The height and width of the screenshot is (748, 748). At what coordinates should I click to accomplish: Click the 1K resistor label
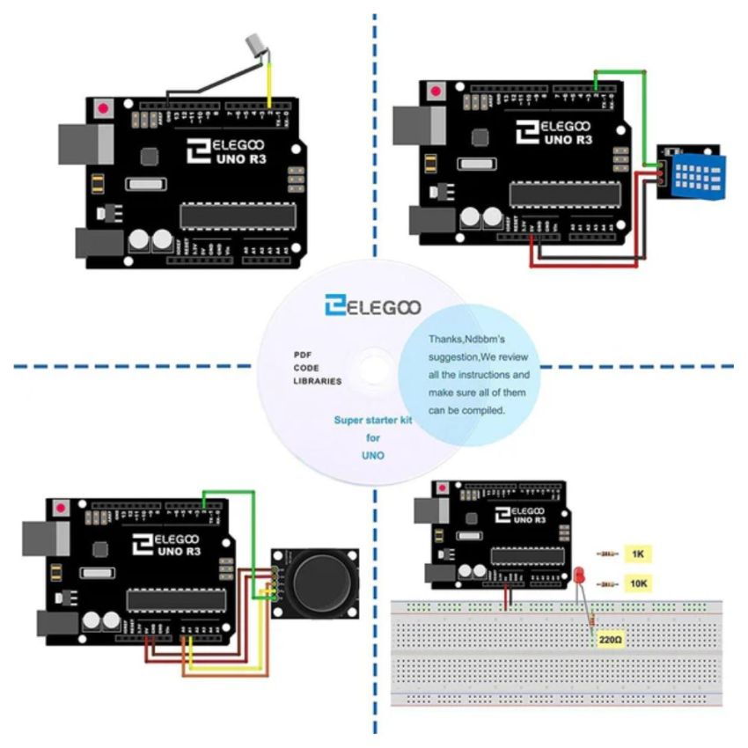[637, 554]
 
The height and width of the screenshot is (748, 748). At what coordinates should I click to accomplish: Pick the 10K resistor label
[639, 583]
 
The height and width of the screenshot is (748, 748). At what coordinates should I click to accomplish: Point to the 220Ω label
[612, 642]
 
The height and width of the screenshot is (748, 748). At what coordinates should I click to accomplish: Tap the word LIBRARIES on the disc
[318, 381]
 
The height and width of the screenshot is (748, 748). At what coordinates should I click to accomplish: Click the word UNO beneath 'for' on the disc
[372, 456]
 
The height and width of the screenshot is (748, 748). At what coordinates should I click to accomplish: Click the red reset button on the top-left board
[105, 110]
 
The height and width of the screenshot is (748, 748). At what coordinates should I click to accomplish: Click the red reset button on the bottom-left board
[62, 509]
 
